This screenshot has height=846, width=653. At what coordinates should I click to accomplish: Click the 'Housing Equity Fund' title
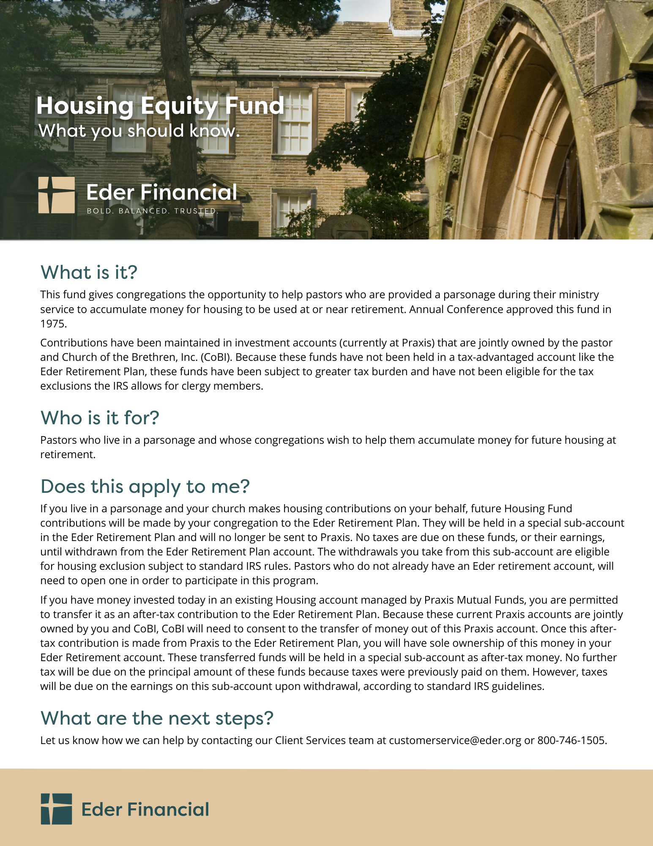click(x=160, y=106)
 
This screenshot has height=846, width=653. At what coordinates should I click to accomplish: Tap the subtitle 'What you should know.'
click(x=139, y=131)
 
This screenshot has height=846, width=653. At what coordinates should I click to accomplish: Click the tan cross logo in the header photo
click(x=56, y=195)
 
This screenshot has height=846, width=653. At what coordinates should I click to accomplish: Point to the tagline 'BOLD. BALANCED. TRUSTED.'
click(x=153, y=211)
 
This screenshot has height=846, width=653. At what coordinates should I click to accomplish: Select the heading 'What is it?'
click(x=89, y=272)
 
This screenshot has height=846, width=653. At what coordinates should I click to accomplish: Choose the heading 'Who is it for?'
click(x=100, y=418)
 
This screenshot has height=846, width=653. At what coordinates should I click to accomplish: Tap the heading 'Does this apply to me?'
click(x=145, y=486)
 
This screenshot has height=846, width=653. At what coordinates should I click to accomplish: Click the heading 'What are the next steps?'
click(x=157, y=718)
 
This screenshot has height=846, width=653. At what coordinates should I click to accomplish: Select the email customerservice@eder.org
click(x=455, y=741)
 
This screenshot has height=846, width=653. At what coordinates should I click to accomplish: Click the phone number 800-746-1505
click(x=571, y=741)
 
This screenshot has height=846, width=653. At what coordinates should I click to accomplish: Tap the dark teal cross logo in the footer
click(x=56, y=809)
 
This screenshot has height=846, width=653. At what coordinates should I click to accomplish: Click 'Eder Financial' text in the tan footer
click(x=145, y=810)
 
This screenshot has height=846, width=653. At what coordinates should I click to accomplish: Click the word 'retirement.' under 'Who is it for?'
click(x=68, y=455)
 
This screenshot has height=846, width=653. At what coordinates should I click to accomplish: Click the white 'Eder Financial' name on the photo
click(x=161, y=192)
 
